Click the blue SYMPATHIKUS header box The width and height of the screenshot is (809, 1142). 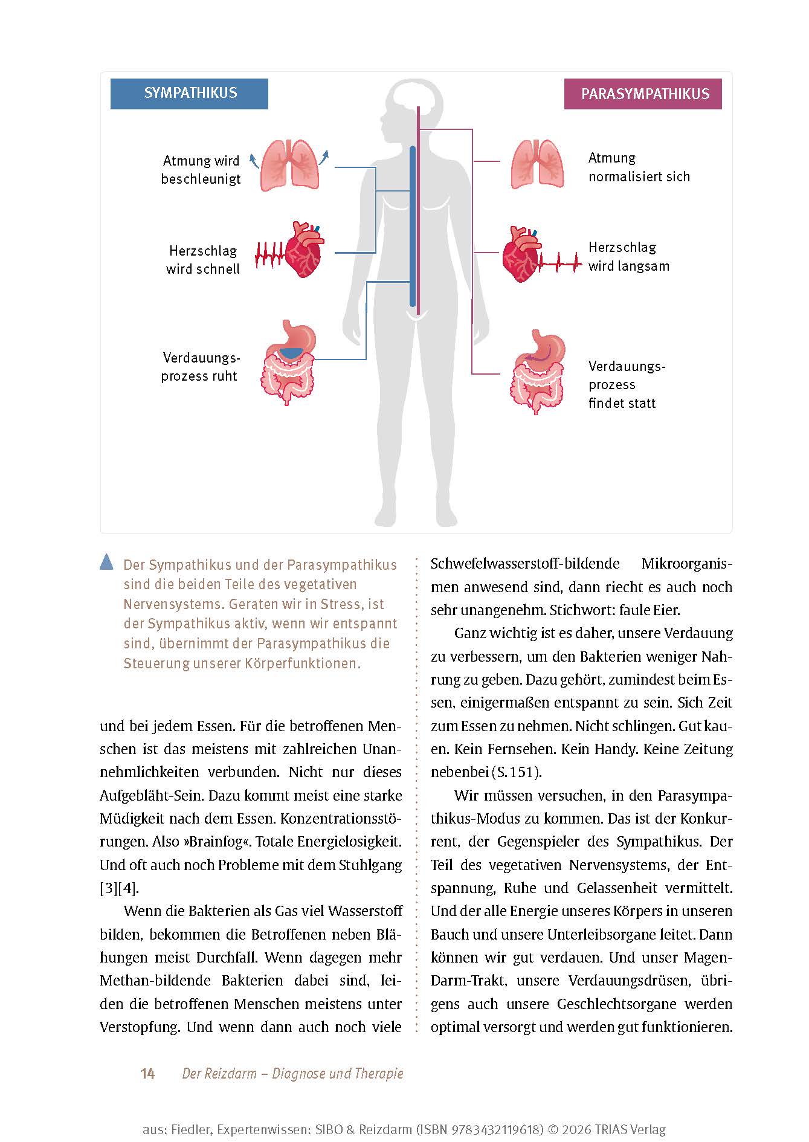tap(189, 94)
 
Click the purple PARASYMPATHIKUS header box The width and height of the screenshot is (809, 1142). tap(643, 94)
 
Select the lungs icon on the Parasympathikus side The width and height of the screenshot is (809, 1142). tap(537, 164)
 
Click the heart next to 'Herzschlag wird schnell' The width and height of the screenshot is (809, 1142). tap(303, 250)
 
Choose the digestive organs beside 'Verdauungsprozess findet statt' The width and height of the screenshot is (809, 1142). tap(538, 372)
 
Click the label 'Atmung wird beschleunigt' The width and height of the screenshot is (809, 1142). tap(201, 170)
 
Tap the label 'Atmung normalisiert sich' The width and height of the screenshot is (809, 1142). tap(639, 167)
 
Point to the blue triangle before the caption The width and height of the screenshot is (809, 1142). tap(106, 563)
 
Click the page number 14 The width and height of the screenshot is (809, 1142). tap(147, 1074)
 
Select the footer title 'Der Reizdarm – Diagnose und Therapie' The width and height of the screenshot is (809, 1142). tap(292, 1074)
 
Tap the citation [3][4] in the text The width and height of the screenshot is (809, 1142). tap(119, 888)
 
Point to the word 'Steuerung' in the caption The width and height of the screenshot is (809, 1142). tap(156, 663)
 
